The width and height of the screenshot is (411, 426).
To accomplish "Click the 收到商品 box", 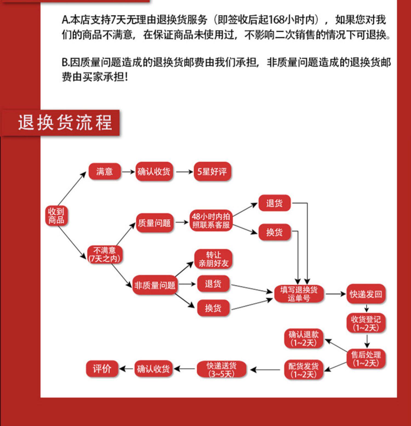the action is point(56,216).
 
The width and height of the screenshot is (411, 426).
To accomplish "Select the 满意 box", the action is point(104,172).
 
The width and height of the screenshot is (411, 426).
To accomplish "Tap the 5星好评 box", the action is point(212,172).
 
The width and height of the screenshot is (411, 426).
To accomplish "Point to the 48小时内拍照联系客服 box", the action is point(211,221).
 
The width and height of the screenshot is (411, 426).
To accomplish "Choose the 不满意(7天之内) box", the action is point(104,255).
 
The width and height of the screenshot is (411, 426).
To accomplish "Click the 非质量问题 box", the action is point(155,285).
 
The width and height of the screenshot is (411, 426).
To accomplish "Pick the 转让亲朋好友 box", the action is point(213,259).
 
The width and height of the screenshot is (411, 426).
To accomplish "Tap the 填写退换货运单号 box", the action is point(299,294).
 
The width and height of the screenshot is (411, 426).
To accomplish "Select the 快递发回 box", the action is point(366,294).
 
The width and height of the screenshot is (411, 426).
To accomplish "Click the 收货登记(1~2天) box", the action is point(366,324).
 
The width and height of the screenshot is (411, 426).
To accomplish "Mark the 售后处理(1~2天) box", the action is point(366,359).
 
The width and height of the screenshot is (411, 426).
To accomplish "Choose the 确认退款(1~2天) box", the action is point(304,339).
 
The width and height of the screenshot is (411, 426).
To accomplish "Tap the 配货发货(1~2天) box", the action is point(303,370).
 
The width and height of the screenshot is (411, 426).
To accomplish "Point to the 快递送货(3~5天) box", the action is point(221,370).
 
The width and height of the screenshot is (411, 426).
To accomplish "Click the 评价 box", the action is point(102,369).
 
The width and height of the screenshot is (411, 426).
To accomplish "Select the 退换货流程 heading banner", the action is point(65,122).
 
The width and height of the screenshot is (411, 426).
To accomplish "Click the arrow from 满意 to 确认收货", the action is point(128,172).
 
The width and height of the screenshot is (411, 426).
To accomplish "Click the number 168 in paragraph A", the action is point(276,20).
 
